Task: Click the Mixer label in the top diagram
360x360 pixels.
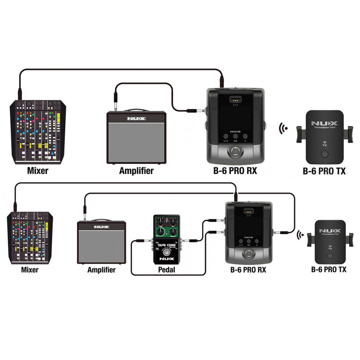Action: [37, 171]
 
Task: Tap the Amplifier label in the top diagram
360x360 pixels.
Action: [136, 171]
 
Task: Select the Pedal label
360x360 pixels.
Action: [166, 269]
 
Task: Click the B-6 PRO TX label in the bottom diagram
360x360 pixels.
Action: [329, 269]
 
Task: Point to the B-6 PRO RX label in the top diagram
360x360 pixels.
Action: [235, 171]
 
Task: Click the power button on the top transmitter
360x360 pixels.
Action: [324, 154]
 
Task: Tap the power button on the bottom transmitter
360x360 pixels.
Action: [329, 256]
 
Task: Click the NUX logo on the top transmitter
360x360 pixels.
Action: [324, 123]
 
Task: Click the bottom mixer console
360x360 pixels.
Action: [30, 238]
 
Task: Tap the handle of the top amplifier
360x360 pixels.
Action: [136, 110]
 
